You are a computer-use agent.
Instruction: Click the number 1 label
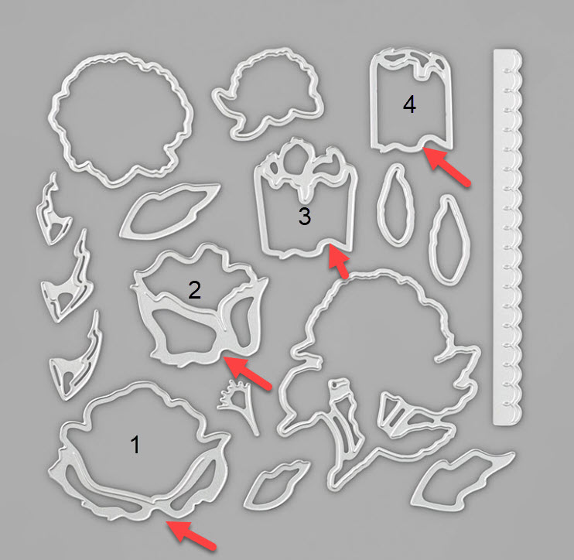(x=135, y=444)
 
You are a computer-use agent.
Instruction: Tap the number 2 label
(x=194, y=289)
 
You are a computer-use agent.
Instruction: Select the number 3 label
(x=305, y=216)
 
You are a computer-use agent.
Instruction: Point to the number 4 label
(x=409, y=104)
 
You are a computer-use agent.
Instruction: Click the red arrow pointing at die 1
(x=191, y=534)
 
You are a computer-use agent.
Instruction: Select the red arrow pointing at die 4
(x=446, y=166)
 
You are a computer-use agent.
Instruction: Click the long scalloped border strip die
(x=507, y=237)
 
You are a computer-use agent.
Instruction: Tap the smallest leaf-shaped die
(x=276, y=484)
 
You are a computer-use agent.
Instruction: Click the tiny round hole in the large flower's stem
(x=335, y=384)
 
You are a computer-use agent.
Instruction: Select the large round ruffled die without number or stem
(x=121, y=118)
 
